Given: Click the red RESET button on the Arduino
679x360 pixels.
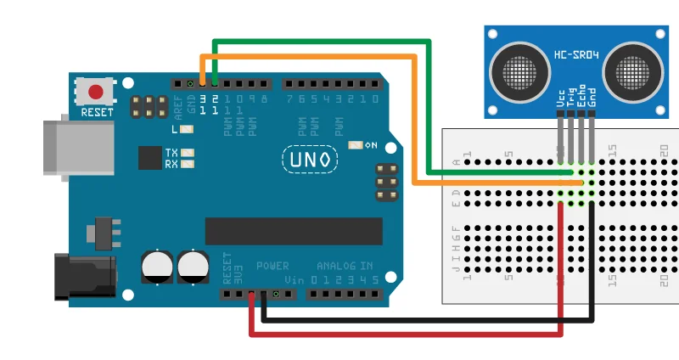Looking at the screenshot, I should (x=96, y=91).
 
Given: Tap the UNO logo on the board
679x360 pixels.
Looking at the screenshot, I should (x=309, y=159).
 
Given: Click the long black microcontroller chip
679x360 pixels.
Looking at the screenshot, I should (x=294, y=231).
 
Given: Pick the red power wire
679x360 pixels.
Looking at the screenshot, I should (x=407, y=332).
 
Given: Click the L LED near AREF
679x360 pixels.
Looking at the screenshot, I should (x=187, y=129).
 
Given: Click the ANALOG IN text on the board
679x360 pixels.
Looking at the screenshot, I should (x=345, y=266).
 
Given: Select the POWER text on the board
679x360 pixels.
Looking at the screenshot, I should (x=272, y=266).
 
